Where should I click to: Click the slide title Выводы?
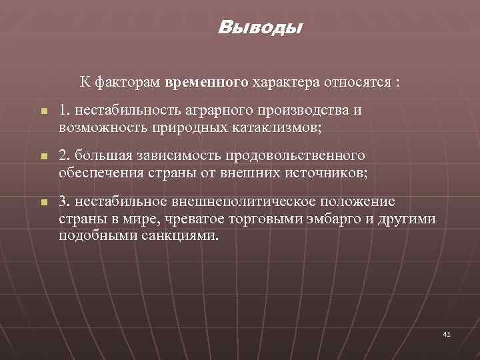[x=260, y=29]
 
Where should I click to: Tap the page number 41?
[x=447, y=334]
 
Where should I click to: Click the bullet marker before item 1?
[x=41, y=113]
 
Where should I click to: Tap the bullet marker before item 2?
[x=41, y=157]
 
